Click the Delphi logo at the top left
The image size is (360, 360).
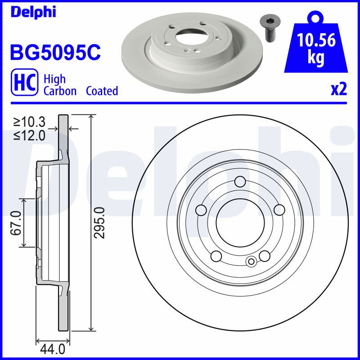tap(33, 12)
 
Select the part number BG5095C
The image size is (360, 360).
tap(55, 52)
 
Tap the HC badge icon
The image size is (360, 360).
tap(25, 82)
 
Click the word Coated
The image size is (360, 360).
tap(102, 91)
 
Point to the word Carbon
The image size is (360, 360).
tap(60, 91)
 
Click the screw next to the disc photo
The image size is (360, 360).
tap(268, 29)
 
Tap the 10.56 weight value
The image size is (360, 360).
tap(316, 40)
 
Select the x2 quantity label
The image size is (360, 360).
tap(339, 89)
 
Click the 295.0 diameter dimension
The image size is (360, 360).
tap(99, 223)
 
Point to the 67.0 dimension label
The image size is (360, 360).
tap(16, 223)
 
